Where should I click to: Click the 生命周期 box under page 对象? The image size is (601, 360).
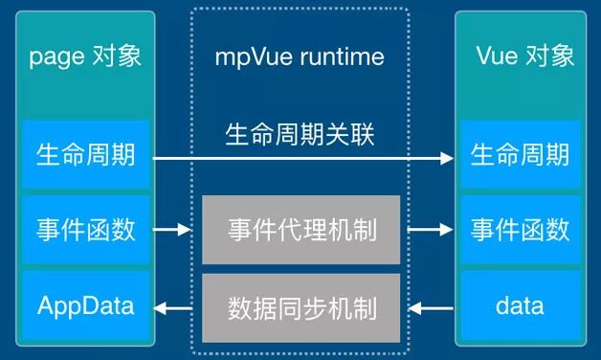(86, 153)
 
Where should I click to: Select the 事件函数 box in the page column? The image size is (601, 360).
(86, 230)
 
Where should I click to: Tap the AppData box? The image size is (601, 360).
(86, 307)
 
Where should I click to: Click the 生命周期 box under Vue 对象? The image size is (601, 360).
(520, 153)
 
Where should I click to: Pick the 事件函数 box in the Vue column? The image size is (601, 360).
(520, 230)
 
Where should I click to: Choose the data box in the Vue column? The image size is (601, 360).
(520, 307)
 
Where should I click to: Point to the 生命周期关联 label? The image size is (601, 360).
(300, 134)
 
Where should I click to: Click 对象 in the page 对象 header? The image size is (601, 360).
(115, 56)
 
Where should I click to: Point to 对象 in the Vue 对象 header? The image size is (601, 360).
(549, 56)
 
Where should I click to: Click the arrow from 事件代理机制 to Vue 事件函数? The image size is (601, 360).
(428, 230)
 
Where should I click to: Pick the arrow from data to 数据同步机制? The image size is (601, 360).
(428, 308)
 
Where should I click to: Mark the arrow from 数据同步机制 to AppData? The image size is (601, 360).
(177, 308)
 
